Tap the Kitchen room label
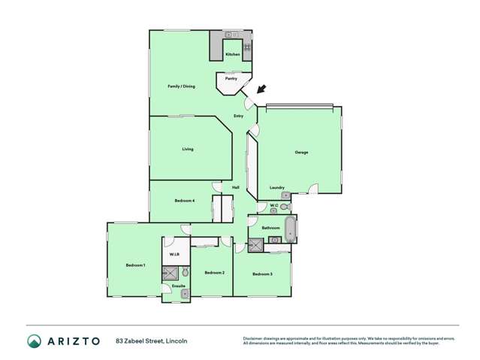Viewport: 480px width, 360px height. coord(233,55)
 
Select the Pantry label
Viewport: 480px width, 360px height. coord(231,77)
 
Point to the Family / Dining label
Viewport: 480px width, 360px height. coord(181,86)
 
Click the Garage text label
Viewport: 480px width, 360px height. coord(300,153)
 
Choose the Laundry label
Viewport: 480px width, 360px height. coord(276,187)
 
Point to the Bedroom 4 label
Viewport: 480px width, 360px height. coord(185,201)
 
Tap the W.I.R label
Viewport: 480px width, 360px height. coord(174,256)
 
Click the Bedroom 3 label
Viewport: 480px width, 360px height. coord(262,274)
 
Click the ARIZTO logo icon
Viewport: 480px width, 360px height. coord(35,341)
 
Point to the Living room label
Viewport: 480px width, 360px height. coord(187,149)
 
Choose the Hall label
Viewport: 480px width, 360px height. coord(235,187)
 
